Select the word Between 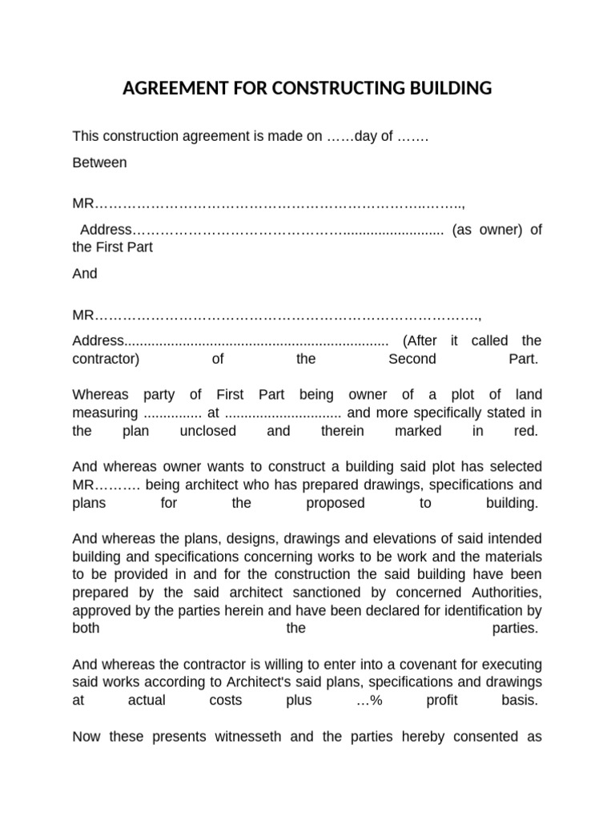[x=99, y=163]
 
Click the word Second [x=412, y=359]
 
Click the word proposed [x=335, y=503]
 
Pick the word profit [x=440, y=700]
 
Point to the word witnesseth [x=239, y=737]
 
